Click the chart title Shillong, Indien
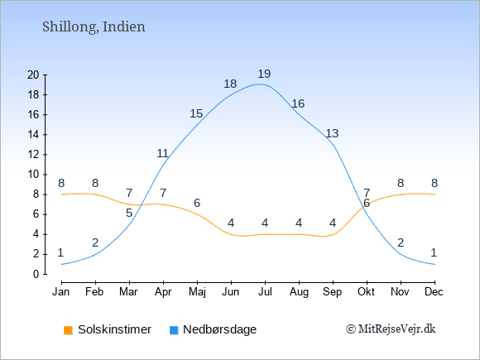(x=94, y=27)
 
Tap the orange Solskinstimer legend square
(x=68, y=330)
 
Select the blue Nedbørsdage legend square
(x=174, y=330)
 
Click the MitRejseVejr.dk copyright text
(x=391, y=329)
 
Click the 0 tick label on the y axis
(x=36, y=274)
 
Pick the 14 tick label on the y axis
(x=33, y=135)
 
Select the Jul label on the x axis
(x=265, y=292)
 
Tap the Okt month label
(x=366, y=292)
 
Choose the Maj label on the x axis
(x=197, y=292)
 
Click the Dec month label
(x=434, y=292)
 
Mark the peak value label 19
(x=264, y=74)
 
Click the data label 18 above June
(x=230, y=84)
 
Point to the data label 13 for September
(x=332, y=133)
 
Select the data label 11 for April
(x=162, y=153)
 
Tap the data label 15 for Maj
(x=196, y=114)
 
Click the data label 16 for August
(x=298, y=103)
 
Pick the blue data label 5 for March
(x=129, y=213)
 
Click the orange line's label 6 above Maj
(x=197, y=203)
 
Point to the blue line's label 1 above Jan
(x=60, y=253)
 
